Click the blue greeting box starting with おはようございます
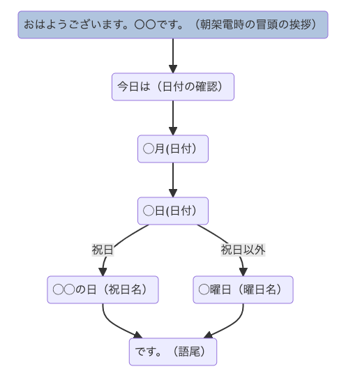pyautogui.click(x=173, y=24)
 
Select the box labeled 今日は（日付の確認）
pyautogui.click(x=173, y=86)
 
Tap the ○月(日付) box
pyautogui.click(x=173, y=149)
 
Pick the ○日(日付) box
pyautogui.click(x=173, y=211)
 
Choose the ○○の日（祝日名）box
pyautogui.click(x=103, y=289)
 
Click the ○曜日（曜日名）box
pyautogui.click(x=243, y=289)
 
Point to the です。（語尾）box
pyautogui.click(x=173, y=351)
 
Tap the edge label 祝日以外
pyautogui.click(x=243, y=250)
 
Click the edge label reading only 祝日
pyautogui.click(x=103, y=250)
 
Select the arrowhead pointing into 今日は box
pyautogui.click(x=173, y=69)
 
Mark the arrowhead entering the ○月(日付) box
pyautogui.click(x=173, y=131)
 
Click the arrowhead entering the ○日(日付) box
pyautogui.click(x=173, y=193)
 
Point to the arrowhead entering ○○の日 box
pyautogui.click(x=103, y=272)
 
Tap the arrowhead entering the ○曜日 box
pyautogui.click(x=243, y=272)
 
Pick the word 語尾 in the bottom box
pyautogui.click(x=189, y=351)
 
